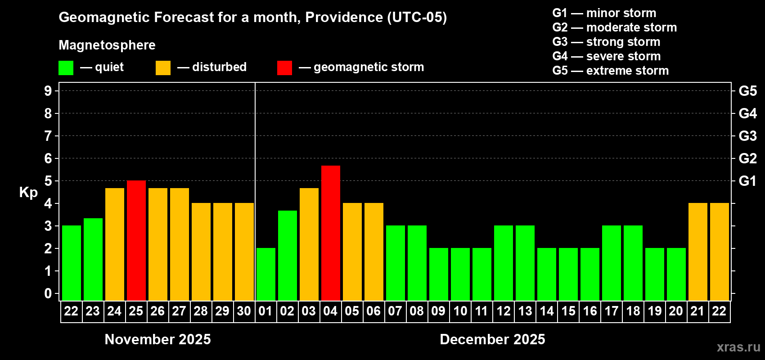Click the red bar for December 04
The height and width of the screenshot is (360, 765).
click(x=331, y=233)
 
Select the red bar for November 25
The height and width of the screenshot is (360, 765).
click(x=136, y=240)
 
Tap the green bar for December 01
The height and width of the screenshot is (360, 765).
click(x=266, y=274)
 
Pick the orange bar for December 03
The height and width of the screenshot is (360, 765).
click(x=309, y=244)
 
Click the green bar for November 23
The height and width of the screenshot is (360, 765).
click(x=93, y=259)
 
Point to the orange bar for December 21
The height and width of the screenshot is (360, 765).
click(x=698, y=252)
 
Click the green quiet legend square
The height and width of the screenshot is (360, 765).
click(x=66, y=68)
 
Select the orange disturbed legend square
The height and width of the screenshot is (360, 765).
click(x=163, y=68)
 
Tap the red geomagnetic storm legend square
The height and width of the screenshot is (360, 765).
click(x=284, y=68)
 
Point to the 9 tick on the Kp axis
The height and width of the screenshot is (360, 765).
click(x=48, y=91)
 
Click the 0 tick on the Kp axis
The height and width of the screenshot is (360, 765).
click(x=48, y=293)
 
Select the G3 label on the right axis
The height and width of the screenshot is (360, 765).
click(x=747, y=136)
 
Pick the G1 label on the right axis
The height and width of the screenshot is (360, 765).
click(x=747, y=181)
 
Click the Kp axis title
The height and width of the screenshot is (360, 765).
click(x=28, y=192)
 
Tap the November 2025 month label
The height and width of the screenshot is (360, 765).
click(x=157, y=339)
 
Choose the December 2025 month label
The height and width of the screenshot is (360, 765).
click(x=492, y=339)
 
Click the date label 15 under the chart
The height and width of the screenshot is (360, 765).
click(x=568, y=311)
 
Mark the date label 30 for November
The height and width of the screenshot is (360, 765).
click(x=244, y=311)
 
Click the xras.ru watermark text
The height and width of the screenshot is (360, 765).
click(x=738, y=347)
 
